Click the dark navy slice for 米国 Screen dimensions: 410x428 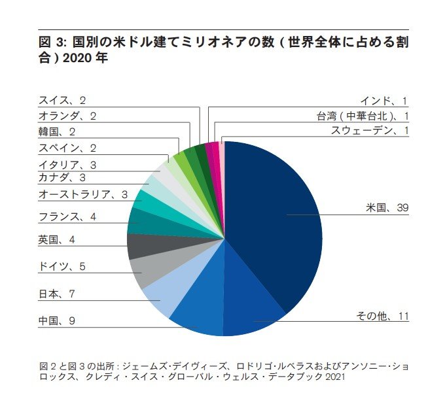click(x=275, y=216)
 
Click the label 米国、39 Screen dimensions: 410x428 click(x=387, y=208)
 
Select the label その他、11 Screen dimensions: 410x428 click(x=382, y=316)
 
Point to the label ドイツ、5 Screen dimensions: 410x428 click(x=62, y=266)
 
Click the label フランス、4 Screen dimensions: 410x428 click(x=67, y=216)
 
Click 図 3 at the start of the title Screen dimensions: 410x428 click(x=52, y=43)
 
